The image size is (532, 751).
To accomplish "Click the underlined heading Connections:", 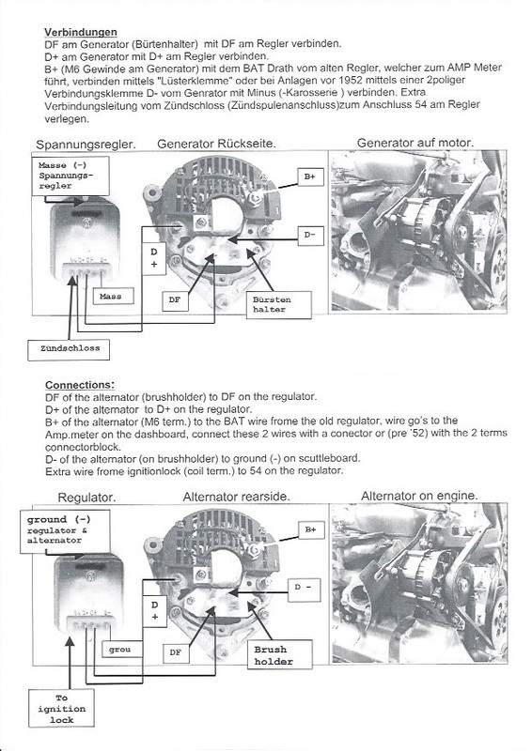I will click(81, 385).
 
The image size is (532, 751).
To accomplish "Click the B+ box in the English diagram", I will click(309, 530).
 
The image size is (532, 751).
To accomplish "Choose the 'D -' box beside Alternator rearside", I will click(307, 590).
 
